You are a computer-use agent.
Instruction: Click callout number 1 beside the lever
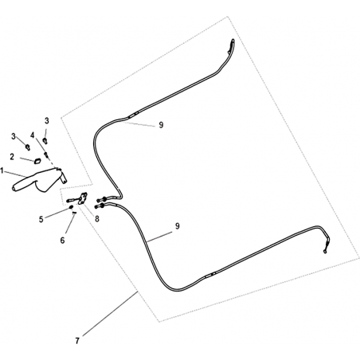coord(2,170)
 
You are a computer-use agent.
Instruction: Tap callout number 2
coord(12,157)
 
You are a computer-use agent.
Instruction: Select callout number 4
coord(33,135)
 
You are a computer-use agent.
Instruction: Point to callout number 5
coord(41,220)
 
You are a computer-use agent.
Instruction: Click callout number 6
coord(62,241)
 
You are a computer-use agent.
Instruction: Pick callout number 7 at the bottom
coord(77,341)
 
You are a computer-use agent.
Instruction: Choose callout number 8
coord(97,219)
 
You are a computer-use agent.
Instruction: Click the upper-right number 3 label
coord(47,121)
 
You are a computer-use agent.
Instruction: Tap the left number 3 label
coord(14,136)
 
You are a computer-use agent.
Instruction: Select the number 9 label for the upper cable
coord(161,125)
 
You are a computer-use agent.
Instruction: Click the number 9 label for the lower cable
coord(177,226)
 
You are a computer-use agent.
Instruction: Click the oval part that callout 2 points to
coord(37,161)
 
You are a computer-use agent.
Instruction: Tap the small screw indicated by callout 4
coord(46,155)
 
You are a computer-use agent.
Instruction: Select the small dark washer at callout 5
coord(71,207)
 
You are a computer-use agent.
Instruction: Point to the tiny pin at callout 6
coord(74,212)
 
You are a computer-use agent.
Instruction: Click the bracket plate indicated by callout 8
coord(83,198)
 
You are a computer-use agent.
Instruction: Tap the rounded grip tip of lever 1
coord(14,188)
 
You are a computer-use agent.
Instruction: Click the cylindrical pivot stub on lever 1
coord(64,178)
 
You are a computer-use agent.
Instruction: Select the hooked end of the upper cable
coord(232,45)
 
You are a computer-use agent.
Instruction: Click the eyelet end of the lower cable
coord(325,251)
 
